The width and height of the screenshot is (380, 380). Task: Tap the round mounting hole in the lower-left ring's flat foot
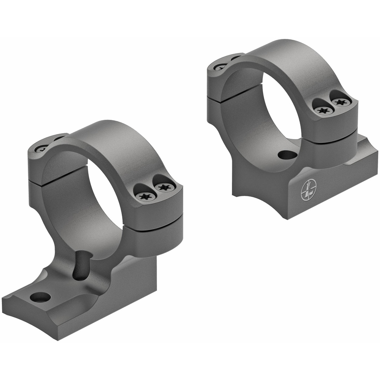pyautogui.click(x=40, y=297)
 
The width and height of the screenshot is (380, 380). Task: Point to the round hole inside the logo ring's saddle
pyautogui.click(x=287, y=154)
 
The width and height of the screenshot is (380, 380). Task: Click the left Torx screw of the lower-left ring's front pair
pyautogui.click(x=145, y=196)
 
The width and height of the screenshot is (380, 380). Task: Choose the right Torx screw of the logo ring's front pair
pyautogui.click(x=341, y=102)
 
